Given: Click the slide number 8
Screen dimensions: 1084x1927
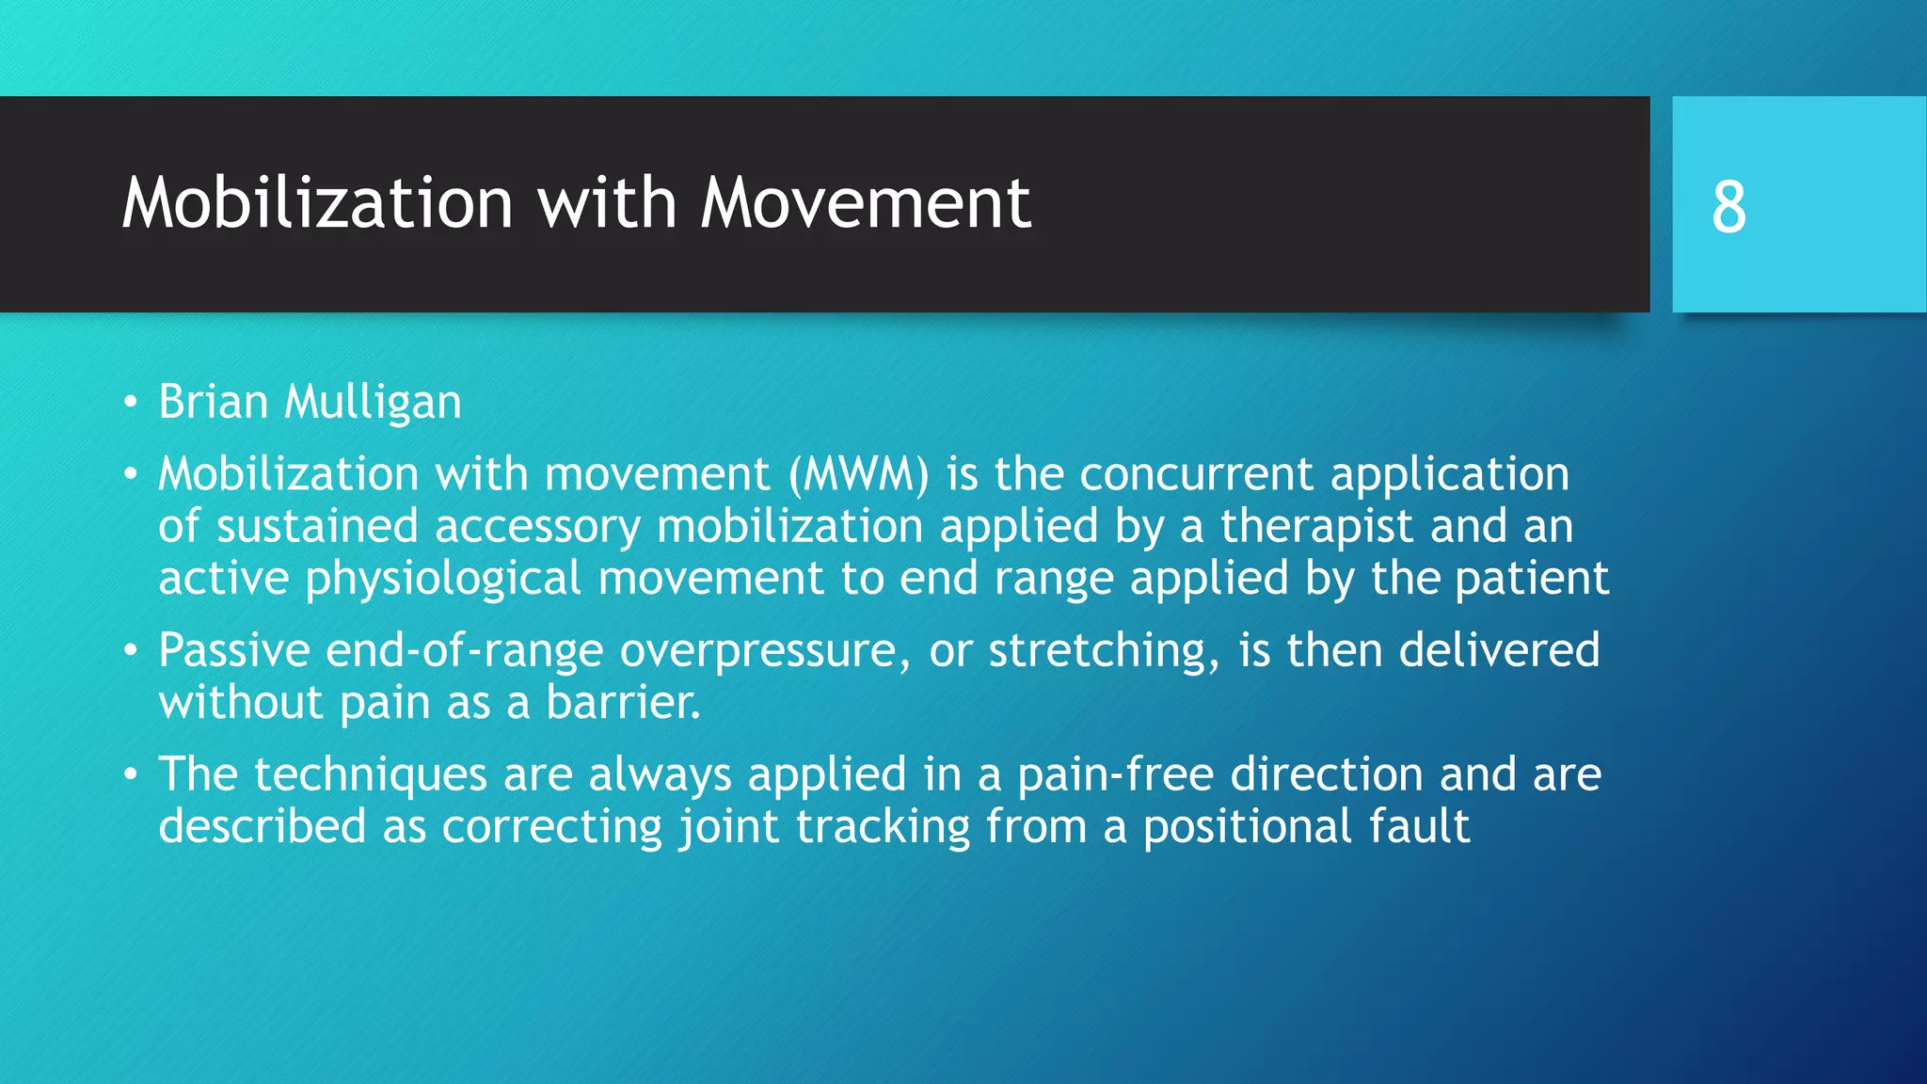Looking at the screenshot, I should click(1728, 206).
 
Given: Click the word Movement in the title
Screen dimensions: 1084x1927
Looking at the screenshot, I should click(865, 203).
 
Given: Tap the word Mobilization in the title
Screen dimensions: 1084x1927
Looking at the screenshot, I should click(317, 203).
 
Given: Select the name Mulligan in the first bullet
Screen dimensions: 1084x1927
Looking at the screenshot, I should click(373, 403).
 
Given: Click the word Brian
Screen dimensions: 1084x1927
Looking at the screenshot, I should click(214, 402).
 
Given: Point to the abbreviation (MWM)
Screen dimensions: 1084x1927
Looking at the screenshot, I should click(859, 473).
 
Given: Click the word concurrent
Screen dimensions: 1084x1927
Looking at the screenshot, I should click(1196, 473).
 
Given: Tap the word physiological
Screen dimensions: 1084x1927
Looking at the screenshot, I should click(442, 579).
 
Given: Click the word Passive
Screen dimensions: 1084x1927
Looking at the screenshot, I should click(234, 650).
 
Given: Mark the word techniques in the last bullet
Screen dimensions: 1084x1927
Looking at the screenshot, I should click(370, 775).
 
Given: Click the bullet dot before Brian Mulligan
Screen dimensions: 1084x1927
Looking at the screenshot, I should click(131, 404).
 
